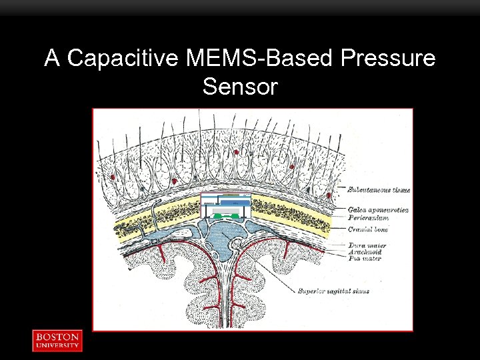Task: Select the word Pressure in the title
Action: coord(387,59)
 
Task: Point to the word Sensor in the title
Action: coord(239,87)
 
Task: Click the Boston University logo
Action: coord(57,340)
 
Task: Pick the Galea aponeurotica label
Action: coord(377,210)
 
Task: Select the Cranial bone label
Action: coord(367,229)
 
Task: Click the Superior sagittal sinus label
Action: coord(334,291)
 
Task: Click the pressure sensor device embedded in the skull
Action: coord(225,206)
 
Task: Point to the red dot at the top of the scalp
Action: coord(236,152)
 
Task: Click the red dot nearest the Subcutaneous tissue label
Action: coord(329,195)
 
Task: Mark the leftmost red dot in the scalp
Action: coord(113,177)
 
